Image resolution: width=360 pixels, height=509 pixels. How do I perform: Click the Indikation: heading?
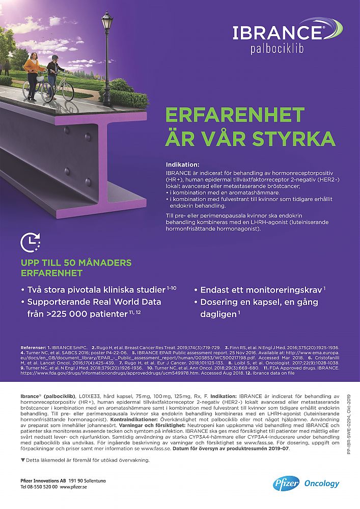pyautogui.click(x=183, y=165)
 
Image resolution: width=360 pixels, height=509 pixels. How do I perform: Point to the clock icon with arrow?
pyautogui.click(x=31, y=242)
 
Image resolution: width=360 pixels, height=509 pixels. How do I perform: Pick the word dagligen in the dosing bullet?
pyautogui.click(x=217, y=314)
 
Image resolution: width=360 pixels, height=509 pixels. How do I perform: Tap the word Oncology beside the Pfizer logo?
pyautogui.click(x=321, y=483)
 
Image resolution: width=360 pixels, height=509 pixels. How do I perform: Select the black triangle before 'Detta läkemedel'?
pyautogui.click(x=22, y=460)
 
